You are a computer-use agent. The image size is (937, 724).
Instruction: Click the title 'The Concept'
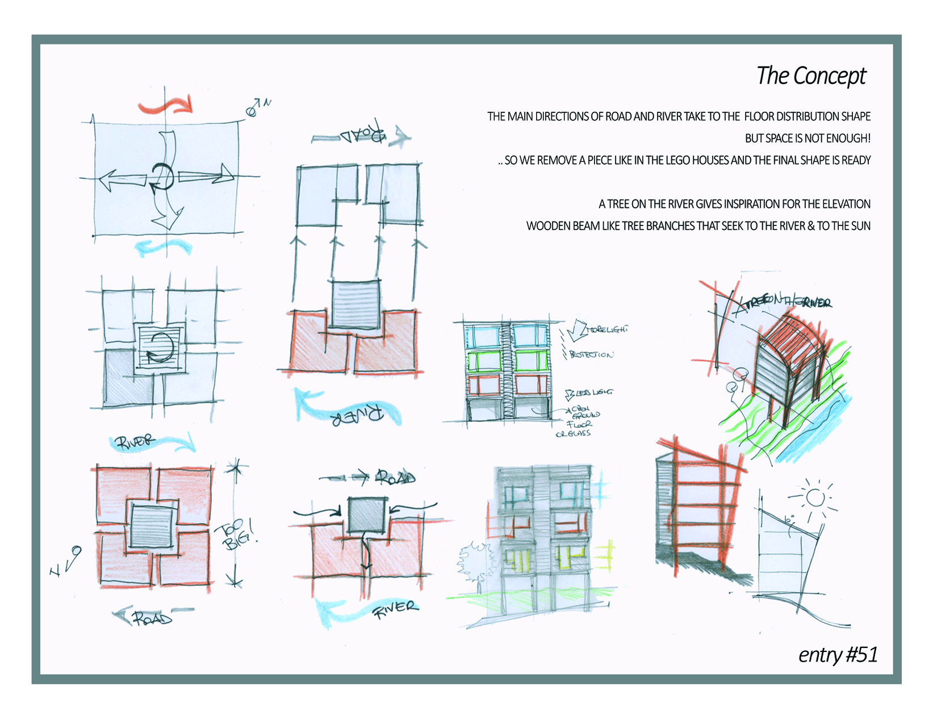[x=811, y=76]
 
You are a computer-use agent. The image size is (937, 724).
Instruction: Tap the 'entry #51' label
[x=837, y=655]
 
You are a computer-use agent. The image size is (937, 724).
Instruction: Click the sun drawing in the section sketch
[x=815, y=497]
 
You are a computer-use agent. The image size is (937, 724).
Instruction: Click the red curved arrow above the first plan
[x=166, y=106]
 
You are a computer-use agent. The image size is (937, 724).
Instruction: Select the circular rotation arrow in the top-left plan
[x=163, y=177]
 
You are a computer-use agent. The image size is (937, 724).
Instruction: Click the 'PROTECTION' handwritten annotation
[x=591, y=355]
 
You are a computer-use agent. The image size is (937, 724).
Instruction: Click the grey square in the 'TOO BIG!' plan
[x=151, y=526]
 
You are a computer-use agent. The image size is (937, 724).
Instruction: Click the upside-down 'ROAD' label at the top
[x=363, y=135]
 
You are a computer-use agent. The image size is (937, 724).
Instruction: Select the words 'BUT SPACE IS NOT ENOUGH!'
[x=807, y=138]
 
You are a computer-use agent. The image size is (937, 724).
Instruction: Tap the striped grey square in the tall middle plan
[x=355, y=305]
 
